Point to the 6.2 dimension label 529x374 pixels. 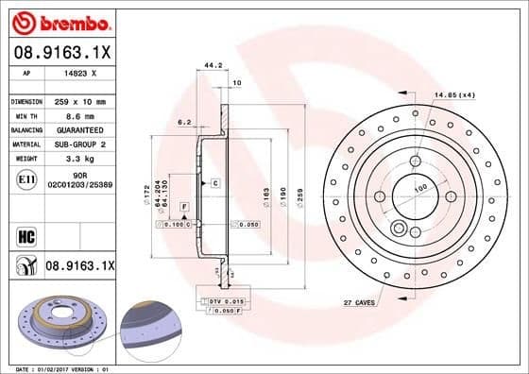(x=184, y=123)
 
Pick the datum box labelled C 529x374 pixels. (x=215, y=181)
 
